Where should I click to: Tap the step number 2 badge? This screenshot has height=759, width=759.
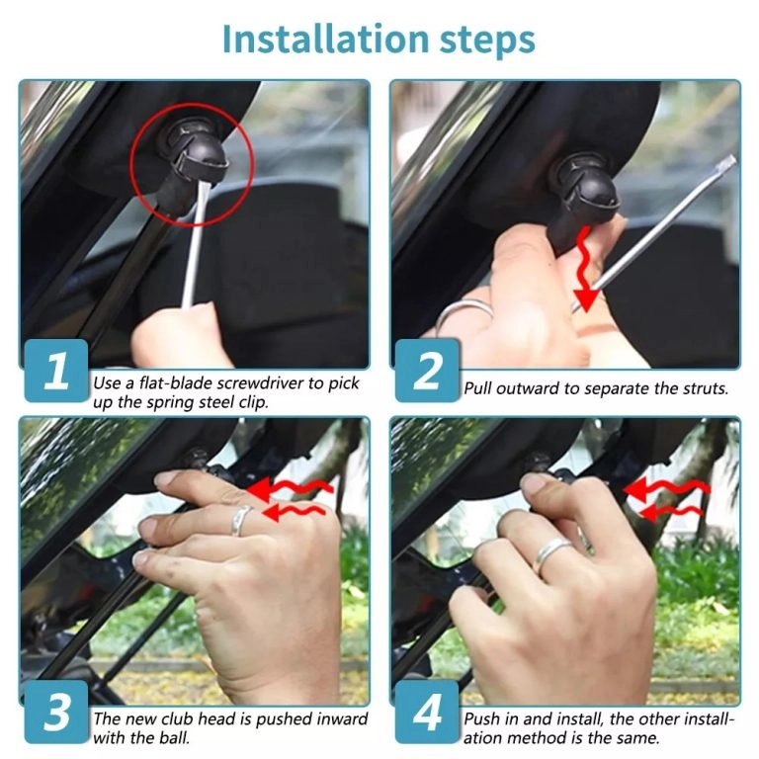(428, 373)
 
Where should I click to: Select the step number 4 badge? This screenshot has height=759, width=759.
(428, 713)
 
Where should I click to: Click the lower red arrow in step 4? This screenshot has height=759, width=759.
(672, 510)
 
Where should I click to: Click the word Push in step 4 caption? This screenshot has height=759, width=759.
(483, 719)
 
